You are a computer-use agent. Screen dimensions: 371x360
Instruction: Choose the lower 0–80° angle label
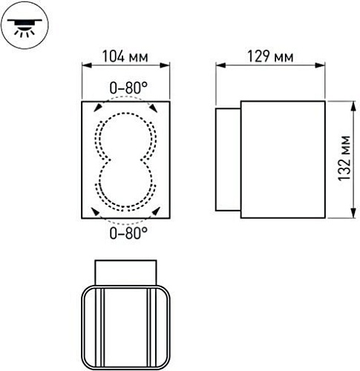pos(125,234)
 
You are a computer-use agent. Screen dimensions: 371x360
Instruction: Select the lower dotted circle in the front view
pos(125,185)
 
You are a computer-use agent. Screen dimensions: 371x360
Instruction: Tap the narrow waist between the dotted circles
pos(125,160)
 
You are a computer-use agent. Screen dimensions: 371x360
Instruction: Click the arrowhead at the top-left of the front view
pos(97,108)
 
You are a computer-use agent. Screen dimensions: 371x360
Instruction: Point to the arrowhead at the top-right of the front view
pos(154,108)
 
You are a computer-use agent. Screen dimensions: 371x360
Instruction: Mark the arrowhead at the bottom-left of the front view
pos(97,212)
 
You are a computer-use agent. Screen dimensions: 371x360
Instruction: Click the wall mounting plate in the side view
pos(228,160)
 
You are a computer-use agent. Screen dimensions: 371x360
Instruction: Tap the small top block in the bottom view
pos(125,271)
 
